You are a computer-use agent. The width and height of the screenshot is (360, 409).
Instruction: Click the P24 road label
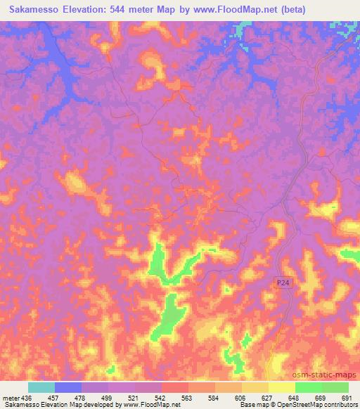point(282,282)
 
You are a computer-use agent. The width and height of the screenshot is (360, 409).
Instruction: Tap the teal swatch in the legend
point(41,387)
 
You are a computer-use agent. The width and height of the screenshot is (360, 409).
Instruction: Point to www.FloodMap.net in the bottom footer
point(151,405)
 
